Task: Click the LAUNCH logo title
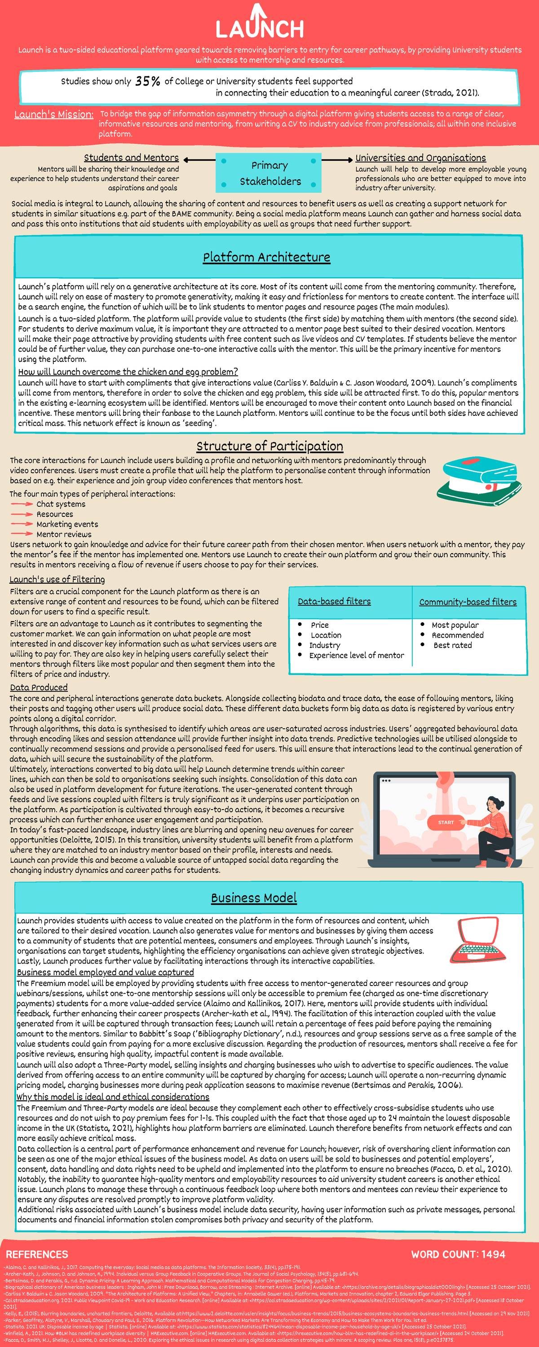point(260,26)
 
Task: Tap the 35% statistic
point(148,81)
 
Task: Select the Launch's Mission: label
point(54,114)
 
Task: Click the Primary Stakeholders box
point(269,173)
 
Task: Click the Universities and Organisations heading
point(420,158)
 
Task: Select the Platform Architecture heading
point(266,257)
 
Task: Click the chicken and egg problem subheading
point(128,372)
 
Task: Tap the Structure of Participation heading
point(269,446)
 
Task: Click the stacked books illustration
point(479,480)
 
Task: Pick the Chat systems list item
point(61,504)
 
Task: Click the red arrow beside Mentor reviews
point(22,534)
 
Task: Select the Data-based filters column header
point(334,601)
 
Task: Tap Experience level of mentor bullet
point(356,655)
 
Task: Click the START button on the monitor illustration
point(446,823)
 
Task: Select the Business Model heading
point(254,898)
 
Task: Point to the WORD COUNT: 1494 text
point(458,1255)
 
